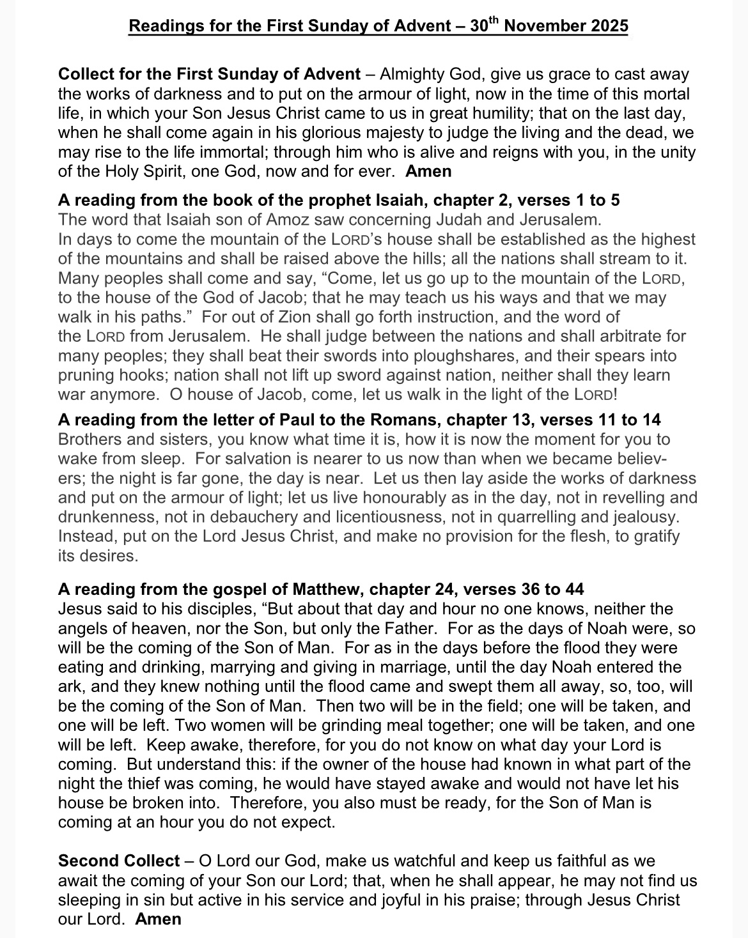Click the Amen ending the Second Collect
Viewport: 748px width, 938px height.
[x=159, y=919]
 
